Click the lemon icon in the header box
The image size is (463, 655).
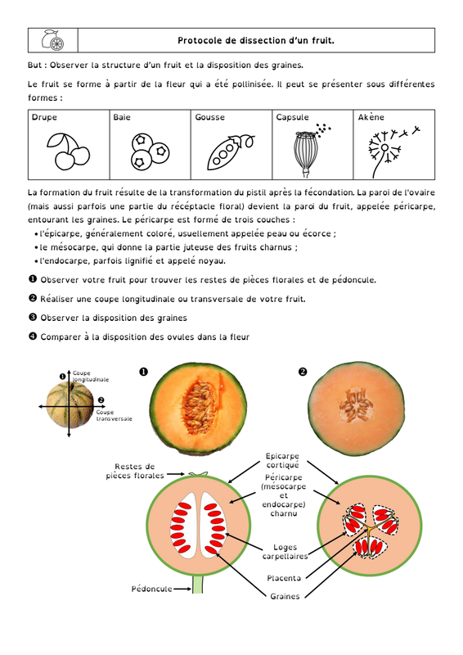(x=52, y=40)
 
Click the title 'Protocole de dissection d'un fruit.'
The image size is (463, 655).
(x=256, y=40)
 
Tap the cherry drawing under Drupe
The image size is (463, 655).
(x=68, y=151)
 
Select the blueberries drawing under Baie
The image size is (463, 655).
(x=150, y=151)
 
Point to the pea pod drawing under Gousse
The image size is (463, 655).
(x=231, y=151)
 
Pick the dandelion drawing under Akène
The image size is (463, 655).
(x=393, y=151)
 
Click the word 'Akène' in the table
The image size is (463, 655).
(x=371, y=117)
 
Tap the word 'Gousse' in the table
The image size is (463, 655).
(x=209, y=117)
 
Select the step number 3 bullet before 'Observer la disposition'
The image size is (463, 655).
(x=33, y=317)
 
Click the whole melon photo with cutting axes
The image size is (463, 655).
(x=70, y=405)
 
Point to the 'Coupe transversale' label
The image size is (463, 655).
(x=114, y=415)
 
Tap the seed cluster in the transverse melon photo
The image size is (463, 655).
(x=356, y=404)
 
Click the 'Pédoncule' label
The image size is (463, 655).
(x=151, y=589)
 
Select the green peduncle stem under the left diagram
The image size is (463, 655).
(x=198, y=585)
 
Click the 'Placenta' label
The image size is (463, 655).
(x=284, y=578)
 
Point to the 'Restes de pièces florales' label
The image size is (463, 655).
(x=135, y=472)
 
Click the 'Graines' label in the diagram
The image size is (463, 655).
(x=285, y=597)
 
